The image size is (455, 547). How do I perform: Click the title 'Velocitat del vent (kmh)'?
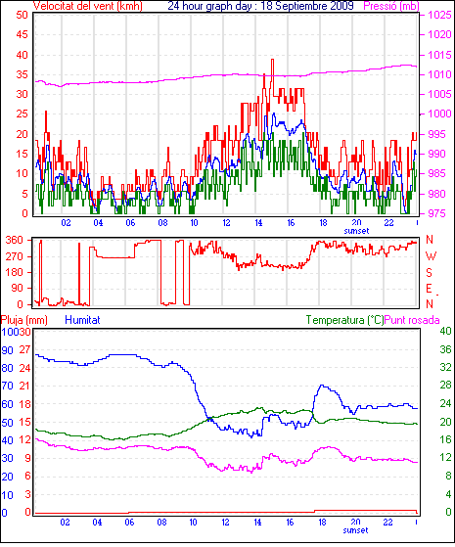coord(88,6)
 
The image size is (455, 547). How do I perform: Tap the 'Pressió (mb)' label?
coord(390,6)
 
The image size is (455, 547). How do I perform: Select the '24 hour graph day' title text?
coord(209,6)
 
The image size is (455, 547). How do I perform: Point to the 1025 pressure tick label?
coord(439,16)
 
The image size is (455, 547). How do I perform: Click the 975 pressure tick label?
coord(439,213)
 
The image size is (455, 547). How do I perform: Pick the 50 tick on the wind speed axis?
coord(22,15)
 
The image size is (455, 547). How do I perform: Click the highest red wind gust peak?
coord(273,60)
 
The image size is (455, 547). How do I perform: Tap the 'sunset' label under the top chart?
coord(356,231)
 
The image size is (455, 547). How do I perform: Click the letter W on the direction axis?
coord(431,256)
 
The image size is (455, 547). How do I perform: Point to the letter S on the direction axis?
coord(430,272)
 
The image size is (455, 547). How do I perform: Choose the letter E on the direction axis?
coord(430,289)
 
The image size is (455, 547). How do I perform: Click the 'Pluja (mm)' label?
coord(24,320)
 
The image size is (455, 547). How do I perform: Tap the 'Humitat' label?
coord(83,320)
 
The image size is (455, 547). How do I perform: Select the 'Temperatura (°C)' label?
coord(344,320)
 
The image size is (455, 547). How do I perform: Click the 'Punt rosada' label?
coord(412,320)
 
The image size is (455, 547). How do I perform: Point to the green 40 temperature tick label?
coord(445,331)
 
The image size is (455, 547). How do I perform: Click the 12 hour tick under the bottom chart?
coord(225,523)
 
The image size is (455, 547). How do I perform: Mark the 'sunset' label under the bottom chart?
coord(355,530)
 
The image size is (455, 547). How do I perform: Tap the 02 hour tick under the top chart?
coord(66,222)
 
